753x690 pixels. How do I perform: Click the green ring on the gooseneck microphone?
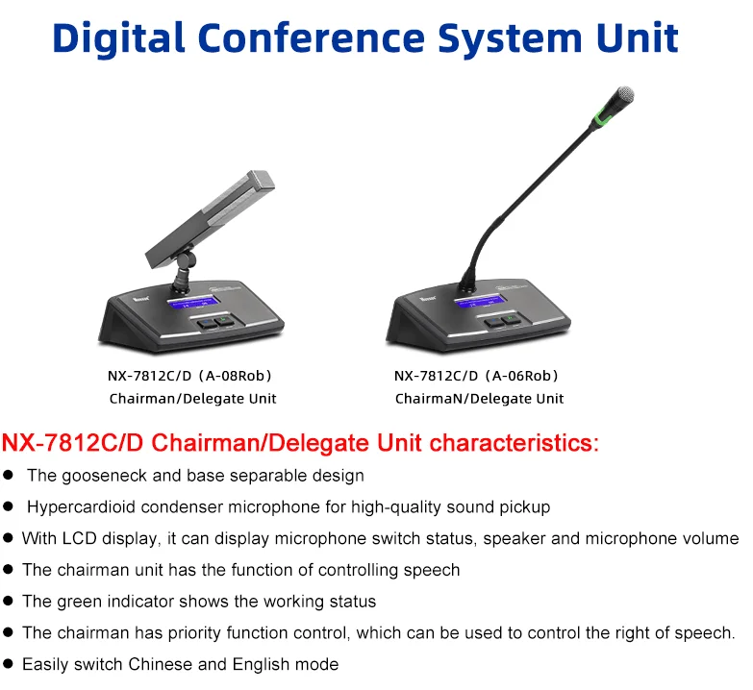pos(606,120)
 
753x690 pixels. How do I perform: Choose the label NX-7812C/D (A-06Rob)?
pos(478,377)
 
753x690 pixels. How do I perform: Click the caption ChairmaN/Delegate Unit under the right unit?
pos(479,398)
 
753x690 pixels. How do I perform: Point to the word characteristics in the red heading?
pos(514,443)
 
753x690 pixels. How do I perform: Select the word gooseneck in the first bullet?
pos(99,475)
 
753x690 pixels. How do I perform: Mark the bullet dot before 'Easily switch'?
pos(9,664)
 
